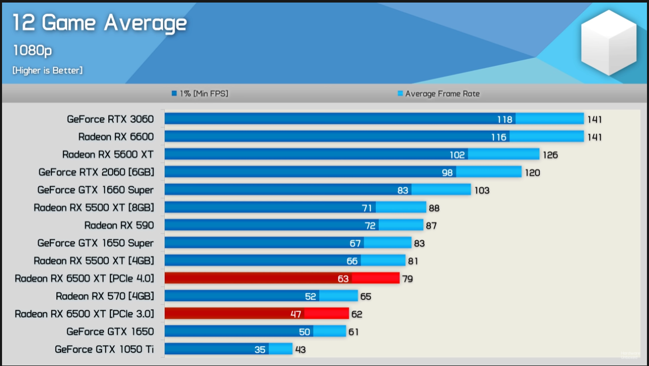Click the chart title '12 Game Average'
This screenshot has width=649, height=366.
click(100, 23)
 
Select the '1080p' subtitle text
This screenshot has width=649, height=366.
click(33, 50)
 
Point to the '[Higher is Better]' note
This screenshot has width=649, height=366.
click(47, 71)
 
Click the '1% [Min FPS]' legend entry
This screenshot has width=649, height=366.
click(200, 94)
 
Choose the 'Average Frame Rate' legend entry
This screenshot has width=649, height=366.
click(438, 94)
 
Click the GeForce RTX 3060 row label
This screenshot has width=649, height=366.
click(110, 119)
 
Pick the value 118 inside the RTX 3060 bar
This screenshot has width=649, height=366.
click(505, 120)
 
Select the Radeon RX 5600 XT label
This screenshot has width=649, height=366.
click(108, 154)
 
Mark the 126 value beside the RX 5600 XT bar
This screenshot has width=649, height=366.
click(550, 155)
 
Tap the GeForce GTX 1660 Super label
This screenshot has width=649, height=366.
click(95, 190)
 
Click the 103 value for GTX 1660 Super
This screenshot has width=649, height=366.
click(482, 190)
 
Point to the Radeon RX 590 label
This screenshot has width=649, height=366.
click(119, 225)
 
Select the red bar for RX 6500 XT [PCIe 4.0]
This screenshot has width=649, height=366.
click(282, 278)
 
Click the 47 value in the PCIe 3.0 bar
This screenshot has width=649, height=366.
click(296, 314)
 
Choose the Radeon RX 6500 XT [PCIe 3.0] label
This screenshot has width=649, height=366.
click(84, 314)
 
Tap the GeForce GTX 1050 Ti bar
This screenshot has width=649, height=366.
click(228, 349)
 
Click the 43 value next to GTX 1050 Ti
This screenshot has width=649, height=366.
click(300, 350)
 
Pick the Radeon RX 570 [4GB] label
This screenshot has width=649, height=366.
click(105, 296)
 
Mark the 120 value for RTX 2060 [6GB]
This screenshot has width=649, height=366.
click(532, 173)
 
